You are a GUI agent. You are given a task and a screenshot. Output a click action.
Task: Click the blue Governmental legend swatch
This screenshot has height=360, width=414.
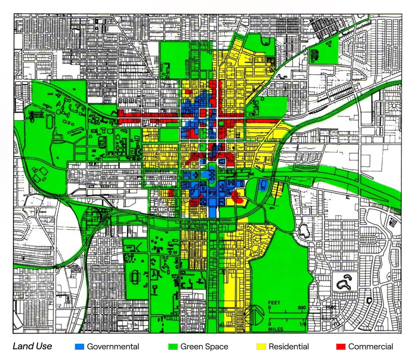[x=79, y=346]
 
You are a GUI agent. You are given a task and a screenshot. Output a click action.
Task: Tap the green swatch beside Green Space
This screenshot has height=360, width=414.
[x=173, y=346]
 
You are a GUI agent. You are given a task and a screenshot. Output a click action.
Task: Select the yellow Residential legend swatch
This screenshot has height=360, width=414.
[x=261, y=346]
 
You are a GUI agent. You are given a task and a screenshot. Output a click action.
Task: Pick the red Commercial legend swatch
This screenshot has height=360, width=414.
[x=341, y=346]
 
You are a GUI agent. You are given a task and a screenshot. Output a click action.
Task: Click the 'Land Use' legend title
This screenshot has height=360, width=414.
[x=32, y=346]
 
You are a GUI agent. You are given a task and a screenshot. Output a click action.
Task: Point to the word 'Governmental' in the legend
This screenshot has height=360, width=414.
[x=113, y=346]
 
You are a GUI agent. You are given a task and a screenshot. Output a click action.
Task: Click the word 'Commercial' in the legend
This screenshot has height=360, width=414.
[x=370, y=346]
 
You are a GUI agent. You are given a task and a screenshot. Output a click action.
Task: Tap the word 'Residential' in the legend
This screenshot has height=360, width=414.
[x=289, y=346]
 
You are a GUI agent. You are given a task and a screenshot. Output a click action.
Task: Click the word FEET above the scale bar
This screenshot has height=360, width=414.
[x=274, y=303]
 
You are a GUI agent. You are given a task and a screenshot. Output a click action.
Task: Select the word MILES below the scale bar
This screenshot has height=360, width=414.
[x=276, y=329]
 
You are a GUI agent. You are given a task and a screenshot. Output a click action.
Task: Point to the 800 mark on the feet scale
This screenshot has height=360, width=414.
[x=301, y=308]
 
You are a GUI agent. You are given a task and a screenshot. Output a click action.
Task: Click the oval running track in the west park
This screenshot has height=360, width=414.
[x=49, y=122]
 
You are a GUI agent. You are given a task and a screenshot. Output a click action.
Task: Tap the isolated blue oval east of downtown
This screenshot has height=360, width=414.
[x=262, y=185]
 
